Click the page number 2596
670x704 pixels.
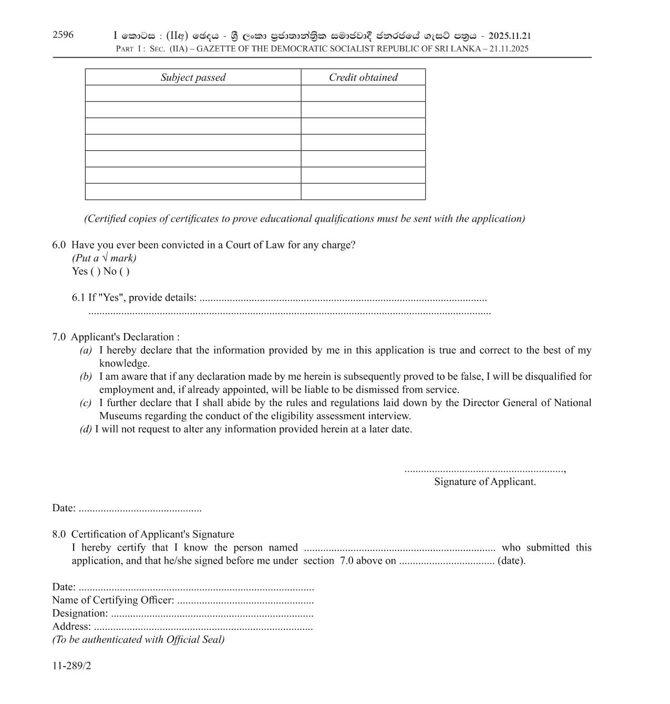pos(63,35)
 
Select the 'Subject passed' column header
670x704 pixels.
pos(193,78)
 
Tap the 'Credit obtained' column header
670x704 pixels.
pos(363,78)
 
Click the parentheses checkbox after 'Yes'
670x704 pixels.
pos(95,272)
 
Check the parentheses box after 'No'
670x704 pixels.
pos(124,272)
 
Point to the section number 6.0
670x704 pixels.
pos(59,245)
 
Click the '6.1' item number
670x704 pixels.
pos(78,298)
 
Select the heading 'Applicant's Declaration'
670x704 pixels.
pos(125,337)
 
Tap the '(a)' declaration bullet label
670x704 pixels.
pos(86,350)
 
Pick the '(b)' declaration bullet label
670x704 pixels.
pos(86,377)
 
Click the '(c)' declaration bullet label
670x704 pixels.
pos(86,403)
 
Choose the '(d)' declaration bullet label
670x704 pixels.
pos(86,429)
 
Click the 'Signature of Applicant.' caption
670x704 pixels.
pos(485,482)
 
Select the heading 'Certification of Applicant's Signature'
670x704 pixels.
pos(152,534)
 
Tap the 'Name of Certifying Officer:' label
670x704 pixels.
pos(113,600)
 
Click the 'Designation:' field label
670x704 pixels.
pos(80,613)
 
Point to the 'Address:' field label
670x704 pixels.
pos(71,626)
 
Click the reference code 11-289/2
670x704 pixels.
pos(71,666)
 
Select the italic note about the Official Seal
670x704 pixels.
pos(138,639)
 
